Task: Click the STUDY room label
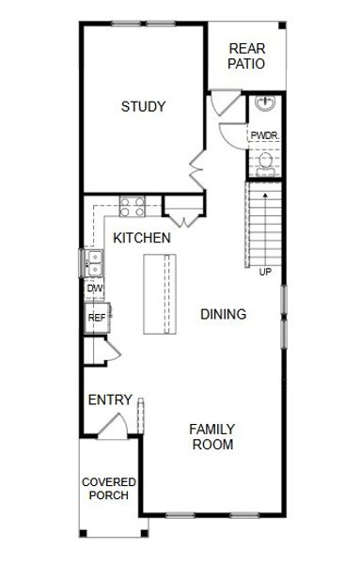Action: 143,106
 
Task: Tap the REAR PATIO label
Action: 246,56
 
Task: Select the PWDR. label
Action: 265,136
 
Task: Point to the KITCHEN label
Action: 142,238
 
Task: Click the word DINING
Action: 224,314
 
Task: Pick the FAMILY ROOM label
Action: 212,437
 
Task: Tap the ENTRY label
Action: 110,400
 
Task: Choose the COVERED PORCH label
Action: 109,489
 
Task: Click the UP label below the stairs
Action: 265,273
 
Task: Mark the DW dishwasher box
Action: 95,289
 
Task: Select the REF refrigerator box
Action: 97,318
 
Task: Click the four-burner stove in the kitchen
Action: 132,207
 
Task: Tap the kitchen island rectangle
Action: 160,294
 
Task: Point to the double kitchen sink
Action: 94,263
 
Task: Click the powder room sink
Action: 265,102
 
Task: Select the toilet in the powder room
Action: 266,164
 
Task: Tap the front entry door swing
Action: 114,425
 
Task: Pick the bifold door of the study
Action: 197,170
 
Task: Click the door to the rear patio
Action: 226,102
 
